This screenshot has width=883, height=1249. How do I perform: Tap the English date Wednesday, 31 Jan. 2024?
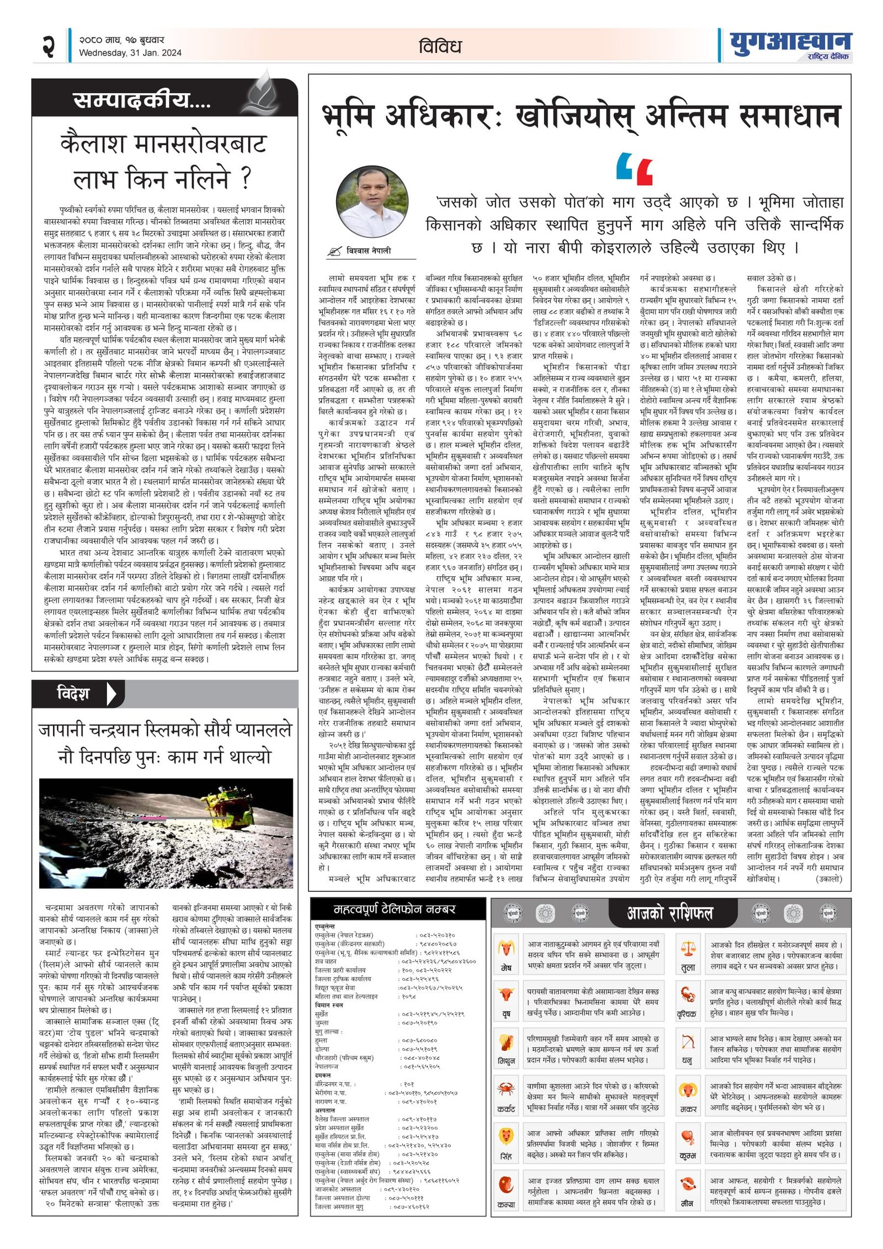click(x=130, y=53)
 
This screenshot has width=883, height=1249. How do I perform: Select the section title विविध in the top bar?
click(x=440, y=46)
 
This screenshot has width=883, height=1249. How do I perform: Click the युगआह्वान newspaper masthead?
click(x=790, y=44)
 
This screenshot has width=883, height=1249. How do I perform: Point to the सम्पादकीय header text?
click(x=141, y=100)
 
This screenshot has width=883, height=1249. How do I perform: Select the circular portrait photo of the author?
click(x=373, y=201)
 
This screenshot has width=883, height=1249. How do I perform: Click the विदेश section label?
click(x=73, y=693)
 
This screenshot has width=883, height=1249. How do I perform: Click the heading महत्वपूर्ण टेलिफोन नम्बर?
click(x=393, y=908)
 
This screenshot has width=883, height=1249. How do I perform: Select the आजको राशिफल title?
click(x=669, y=913)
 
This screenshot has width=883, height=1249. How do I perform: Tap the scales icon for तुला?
click(x=688, y=948)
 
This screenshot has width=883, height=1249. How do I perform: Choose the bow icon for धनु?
click(x=688, y=1041)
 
